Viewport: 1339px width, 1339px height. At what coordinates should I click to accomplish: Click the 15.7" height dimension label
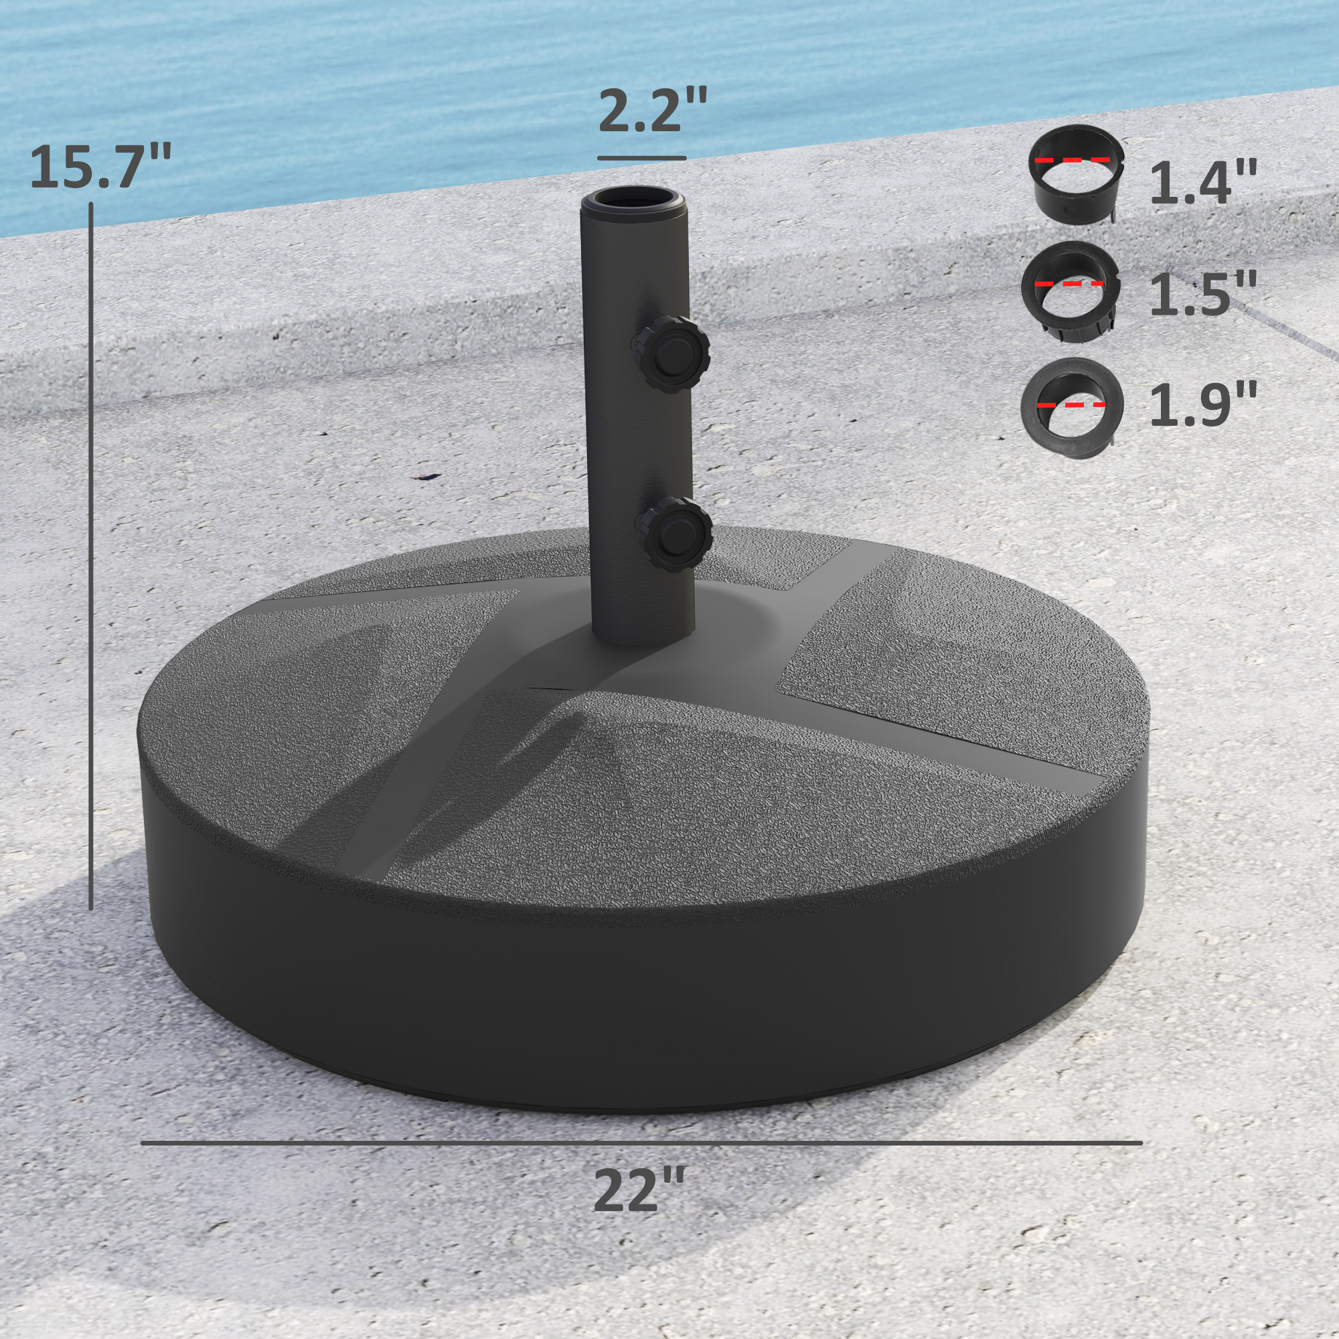tap(100, 166)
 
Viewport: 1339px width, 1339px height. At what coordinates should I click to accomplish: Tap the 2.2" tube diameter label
tap(652, 111)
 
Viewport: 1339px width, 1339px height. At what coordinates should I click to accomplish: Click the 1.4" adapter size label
tap(1203, 183)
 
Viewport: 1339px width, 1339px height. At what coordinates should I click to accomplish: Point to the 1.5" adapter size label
tap(1203, 295)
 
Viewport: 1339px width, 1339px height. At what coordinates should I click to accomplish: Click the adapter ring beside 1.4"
tap(1075, 174)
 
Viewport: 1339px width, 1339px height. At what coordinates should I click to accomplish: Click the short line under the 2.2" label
tap(642, 159)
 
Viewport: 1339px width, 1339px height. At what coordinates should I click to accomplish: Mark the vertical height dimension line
tap(91, 554)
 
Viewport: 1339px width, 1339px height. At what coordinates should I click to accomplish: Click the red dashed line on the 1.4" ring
tap(1072, 160)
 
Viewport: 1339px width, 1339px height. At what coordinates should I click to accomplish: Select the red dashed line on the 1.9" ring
tap(1071, 405)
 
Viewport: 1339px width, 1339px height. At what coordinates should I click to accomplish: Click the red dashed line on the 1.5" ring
tap(1069, 284)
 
